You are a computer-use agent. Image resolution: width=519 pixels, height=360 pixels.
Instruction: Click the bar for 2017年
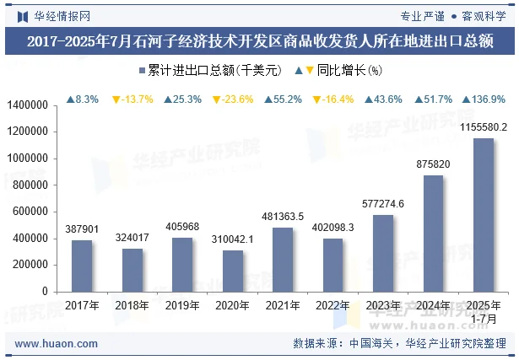82,265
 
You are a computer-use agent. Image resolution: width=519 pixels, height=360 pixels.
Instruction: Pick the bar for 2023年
383,252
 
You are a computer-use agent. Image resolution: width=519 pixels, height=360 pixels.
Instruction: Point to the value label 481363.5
283,217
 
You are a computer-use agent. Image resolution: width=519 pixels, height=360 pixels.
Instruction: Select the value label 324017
132,238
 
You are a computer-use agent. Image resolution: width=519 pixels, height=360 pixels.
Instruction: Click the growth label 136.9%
484,99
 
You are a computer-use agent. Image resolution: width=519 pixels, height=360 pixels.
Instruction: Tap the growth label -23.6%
233,99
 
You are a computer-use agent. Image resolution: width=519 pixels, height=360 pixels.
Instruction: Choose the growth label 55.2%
283,99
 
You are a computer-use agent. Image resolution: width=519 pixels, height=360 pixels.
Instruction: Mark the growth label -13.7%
132,99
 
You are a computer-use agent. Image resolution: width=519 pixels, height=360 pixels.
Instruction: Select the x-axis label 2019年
182,305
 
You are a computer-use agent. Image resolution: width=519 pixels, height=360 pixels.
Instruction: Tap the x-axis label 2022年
333,305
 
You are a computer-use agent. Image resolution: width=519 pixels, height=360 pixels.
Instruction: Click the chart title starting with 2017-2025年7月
259,42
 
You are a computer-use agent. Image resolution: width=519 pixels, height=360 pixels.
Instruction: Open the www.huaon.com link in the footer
57,344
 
